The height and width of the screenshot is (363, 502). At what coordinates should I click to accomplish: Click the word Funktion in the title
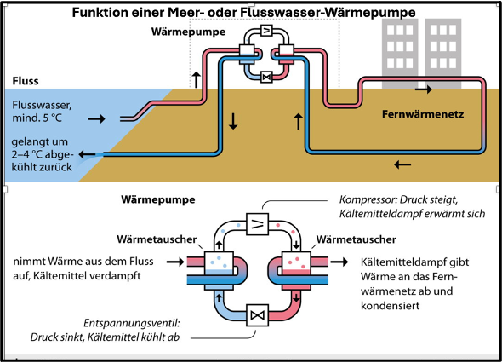coord(94,13)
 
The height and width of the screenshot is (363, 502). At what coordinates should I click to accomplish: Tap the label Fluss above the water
coord(26,81)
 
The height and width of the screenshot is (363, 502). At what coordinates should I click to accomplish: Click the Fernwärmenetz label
coord(423,114)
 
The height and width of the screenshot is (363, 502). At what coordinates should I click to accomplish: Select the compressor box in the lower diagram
coord(258,224)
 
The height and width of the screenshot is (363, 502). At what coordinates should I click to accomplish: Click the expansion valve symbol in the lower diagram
coord(258,315)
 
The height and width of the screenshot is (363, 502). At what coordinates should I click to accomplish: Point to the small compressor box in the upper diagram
coord(266,31)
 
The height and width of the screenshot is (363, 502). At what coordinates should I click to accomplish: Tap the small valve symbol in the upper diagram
coord(266,77)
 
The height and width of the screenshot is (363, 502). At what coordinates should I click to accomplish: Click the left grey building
coord(400,53)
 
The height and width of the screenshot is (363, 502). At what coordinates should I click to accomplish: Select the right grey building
coord(443,53)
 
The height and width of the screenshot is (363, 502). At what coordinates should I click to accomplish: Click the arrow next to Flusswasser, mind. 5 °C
coord(97,119)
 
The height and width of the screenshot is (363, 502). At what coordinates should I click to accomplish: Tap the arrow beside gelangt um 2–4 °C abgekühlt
coord(87,154)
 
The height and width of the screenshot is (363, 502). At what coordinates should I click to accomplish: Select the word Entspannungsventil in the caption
coord(132,323)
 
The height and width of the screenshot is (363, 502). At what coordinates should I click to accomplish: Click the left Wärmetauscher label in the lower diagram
coord(157,239)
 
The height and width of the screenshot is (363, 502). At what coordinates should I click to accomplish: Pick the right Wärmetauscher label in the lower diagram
coord(356,239)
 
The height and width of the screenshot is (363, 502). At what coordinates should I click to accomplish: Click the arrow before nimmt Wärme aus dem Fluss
coord(175,262)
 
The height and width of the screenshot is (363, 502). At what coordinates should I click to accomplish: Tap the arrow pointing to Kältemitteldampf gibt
coord(339,262)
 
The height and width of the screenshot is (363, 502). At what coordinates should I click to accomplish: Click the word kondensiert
coord(390,306)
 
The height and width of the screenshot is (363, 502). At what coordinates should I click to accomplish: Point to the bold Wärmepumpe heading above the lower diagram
coord(158,199)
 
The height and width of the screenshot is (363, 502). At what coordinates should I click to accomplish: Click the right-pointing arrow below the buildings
coord(424,89)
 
